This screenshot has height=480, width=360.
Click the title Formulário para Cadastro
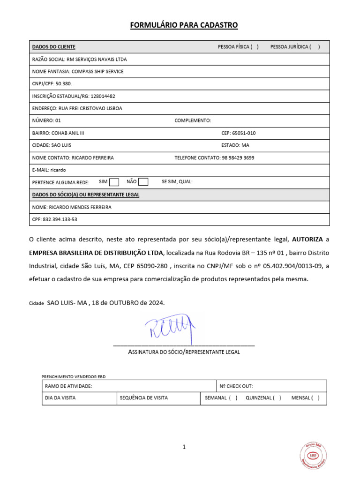pyautogui.click(x=184, y=25)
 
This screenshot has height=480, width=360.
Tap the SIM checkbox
pyautogui.click(x=114, y=182)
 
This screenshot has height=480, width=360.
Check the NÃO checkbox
pyautogui.click(x=143, y=182)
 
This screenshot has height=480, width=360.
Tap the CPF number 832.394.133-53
pyautogui.click(x=60, y=219)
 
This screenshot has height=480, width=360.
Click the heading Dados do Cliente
pyautogui.click(x=53, y=47)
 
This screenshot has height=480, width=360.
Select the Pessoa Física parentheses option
pyautogui.click(x=255, y=47)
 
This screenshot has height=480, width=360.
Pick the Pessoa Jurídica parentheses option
pyautogui.click(x=315, y=47)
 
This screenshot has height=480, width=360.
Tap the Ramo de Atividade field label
pyautogui.click(x=68, y=386)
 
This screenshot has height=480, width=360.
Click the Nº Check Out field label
pyautogui.click(x=236, y=386)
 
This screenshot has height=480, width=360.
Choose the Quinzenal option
pyautogui.click(x=277, y=398)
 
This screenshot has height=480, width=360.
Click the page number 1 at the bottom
pyautogui.click(x=184, y=447)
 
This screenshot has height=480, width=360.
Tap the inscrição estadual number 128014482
pyautogui.click(x=103, y=96)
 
